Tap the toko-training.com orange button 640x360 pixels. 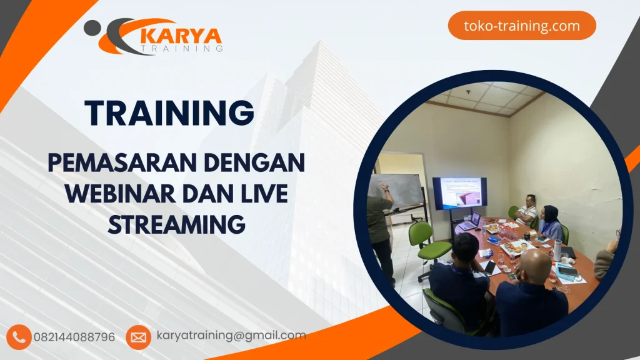point(522,26)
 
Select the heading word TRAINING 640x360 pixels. point(170,113)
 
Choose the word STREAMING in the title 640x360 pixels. point(176,224)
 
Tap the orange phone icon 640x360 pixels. point(20,337)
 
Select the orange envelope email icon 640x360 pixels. point(138,337)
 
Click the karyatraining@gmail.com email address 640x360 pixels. point(231,336)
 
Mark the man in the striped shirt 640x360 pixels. point(527,210)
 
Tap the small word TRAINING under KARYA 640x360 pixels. point(182,47)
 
